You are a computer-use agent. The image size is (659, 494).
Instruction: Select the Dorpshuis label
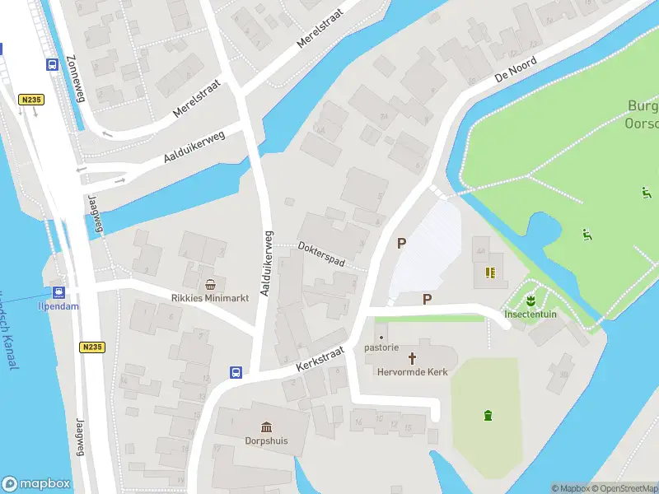[267, 440]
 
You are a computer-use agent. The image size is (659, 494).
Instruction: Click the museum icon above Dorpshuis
[267, 426]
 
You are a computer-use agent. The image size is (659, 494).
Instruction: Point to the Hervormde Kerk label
[412, 372]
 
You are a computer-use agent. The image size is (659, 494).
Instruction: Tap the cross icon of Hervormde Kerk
[412, 358]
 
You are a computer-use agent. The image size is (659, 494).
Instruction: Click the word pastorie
[381, 347]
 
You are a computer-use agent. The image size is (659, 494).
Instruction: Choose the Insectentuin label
[531, 314]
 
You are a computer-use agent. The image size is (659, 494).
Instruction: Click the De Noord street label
[516, 69]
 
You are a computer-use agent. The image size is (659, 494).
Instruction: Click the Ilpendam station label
[58, 305]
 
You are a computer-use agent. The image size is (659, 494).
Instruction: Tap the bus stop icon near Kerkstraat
[236, 372]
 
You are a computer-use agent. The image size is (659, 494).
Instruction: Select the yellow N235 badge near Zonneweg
[30, 100]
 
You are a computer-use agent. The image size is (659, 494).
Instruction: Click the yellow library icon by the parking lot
[492, 272]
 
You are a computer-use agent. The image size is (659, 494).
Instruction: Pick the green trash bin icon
[488, 414]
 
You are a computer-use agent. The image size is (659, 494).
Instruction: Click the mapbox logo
[36, 484]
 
